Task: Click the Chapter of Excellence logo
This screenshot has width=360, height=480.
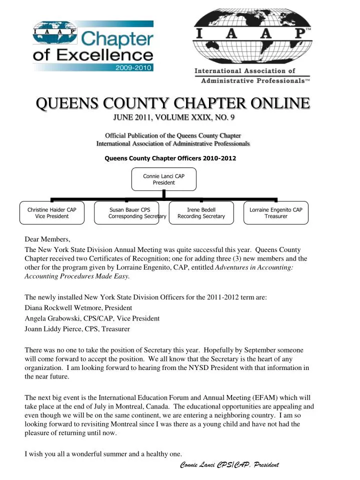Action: pyautogui.click(x=93, y=46)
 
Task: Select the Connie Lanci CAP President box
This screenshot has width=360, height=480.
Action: pyautogui.click(x=163, y=179)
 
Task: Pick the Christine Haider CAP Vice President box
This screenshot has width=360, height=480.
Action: pyautogui.click(x=52, y=213)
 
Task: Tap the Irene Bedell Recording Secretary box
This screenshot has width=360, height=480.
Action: pyautogui.click(x=201, y=213)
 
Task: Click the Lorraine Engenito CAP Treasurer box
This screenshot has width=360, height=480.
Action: pyautogui.click(x=275, y=213)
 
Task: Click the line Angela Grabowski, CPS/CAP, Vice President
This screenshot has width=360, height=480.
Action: pyautogui.click(x=92, y=318)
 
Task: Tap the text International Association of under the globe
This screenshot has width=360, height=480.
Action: pyautogui.click(x=245, y=71)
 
